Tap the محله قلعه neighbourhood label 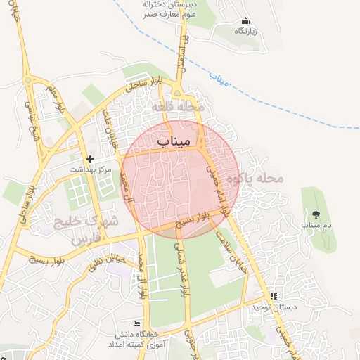click(181, 107)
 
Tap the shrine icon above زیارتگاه click(245, 20)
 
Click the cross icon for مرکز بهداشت click(90, 159)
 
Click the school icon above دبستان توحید click(273, 296)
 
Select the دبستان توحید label click(271, 307)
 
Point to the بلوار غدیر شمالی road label click(186, 274)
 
